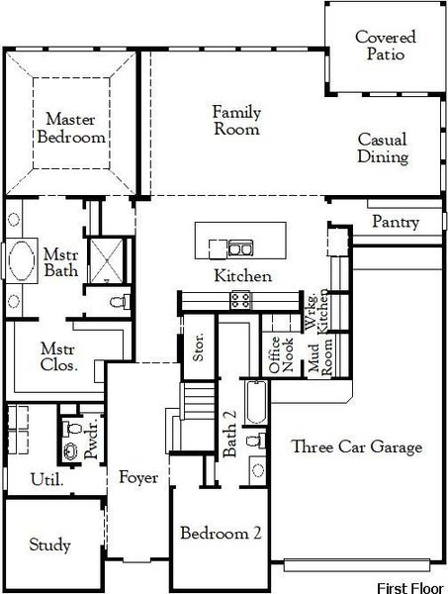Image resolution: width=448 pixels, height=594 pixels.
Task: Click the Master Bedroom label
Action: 69,129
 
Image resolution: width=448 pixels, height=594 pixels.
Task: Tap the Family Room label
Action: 236,120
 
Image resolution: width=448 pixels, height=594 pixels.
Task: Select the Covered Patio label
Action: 386,47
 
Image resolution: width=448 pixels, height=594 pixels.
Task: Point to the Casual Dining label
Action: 383,148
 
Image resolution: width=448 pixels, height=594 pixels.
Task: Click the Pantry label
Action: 396,223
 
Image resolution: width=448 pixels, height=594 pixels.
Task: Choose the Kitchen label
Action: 243,276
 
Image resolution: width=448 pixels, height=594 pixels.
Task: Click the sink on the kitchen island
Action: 238,247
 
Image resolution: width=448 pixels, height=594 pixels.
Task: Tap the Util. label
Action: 47,480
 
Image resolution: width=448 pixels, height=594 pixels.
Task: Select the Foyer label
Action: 138,478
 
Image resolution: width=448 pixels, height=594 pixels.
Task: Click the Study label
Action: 49,544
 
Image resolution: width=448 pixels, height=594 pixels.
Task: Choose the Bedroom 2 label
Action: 221,534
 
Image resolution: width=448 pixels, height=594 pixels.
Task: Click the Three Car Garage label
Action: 357,447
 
